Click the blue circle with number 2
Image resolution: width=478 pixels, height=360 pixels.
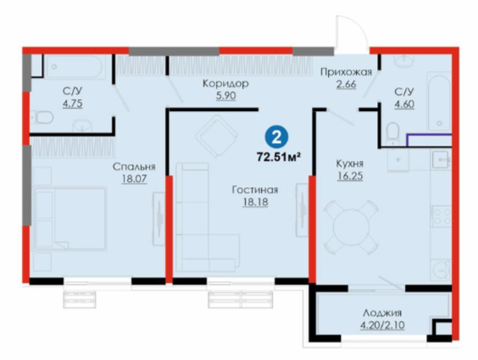tap(276, 138)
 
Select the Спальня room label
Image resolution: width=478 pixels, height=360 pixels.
tap(134, 167)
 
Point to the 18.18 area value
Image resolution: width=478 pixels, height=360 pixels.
tap(255, 202)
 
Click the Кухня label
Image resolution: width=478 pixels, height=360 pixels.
tap(350, 163)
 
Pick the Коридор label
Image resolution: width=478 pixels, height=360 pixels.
tap(225, 84)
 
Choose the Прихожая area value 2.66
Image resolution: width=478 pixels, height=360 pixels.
tap(346, 85)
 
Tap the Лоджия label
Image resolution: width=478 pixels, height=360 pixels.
tap(382, 313)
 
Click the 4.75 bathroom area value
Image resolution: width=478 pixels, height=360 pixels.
tap(72, 104)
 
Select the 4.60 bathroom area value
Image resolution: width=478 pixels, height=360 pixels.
tap(404, 104)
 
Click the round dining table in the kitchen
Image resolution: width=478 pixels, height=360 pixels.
tap(351, 227)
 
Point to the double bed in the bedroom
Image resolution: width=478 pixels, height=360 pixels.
tap(70, 219)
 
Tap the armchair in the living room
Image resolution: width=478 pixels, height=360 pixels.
tap(216, 136)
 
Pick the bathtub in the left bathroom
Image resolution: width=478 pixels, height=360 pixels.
tap(76, 66)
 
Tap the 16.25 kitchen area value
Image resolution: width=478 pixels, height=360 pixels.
tap(350, 176)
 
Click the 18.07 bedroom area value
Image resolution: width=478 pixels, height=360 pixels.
tap(134, 179)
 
